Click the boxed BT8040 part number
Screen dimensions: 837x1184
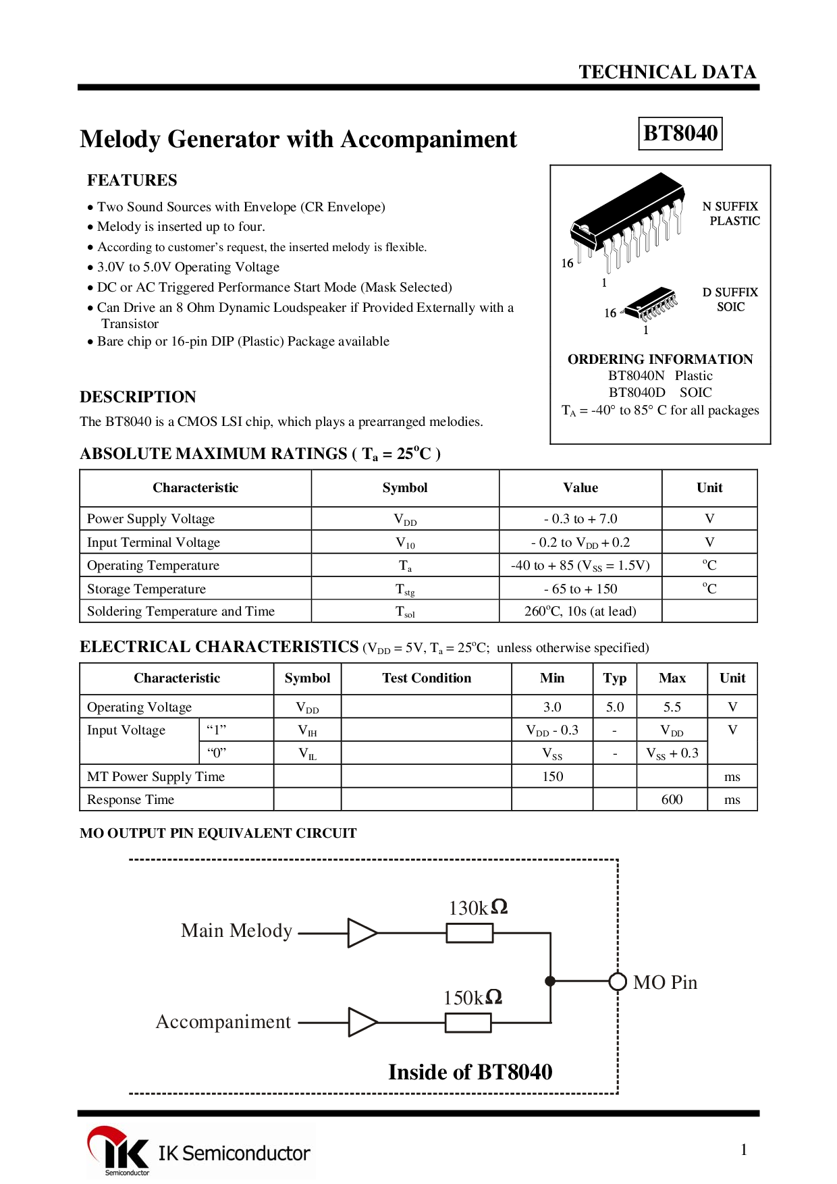pyautogui.click(x=680, y=133)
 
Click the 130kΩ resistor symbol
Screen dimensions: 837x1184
pyautogui.click(x=470, y=934)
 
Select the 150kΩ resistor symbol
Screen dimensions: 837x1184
pyautogui.click(x=468, y=1023)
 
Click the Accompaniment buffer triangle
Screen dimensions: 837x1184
pyautogui.click(x=362, y=1023)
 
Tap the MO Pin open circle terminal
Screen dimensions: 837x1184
pyautogui.click(x=618, y=981)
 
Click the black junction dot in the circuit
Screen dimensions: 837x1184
pyautogui.click(x=551, y=981)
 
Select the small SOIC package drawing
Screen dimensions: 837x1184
pyautogui.click(x=649, y=304)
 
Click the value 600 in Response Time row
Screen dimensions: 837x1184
pyautogui.click(x=672, y=800)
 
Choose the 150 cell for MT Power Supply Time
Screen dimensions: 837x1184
pyautogui.click(x=552, y=777)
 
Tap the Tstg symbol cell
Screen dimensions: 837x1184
pyautogui.click(x=405, y=589)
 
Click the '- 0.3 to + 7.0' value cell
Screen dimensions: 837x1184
pyautogui.click(x=580, y=519)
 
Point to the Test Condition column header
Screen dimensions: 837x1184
pyautogui.click(x=427, y=678)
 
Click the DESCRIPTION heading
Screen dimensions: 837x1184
pyautogui.click(x=138, y=397)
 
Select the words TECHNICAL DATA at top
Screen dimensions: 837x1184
pyautogui.click(x=667, y=72)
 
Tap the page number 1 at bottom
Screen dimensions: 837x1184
pyautogui.click(x=744, y=1150)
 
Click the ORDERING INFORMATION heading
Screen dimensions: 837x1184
pyautogui.click(x=660, y=360)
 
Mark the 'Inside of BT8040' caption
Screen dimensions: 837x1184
pyautogui.click(x=470, y=1072)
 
